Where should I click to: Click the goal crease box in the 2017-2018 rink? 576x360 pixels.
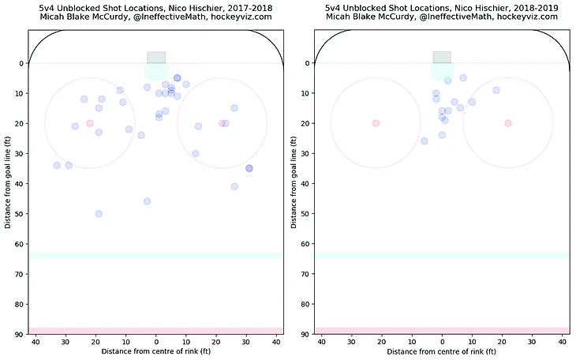pos(156,58)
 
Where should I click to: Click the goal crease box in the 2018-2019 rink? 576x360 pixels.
pos(442,58)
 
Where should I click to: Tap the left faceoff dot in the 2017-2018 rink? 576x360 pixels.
pos(90,123)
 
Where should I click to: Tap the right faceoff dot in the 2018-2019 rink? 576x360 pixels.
pos(508,123)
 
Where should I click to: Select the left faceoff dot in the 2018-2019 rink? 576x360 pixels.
pos(376,123)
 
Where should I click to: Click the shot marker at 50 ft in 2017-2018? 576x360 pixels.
pos(99,214)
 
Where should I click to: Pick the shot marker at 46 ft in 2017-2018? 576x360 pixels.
pos(147,201)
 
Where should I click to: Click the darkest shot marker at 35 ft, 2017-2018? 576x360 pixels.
pos(249,168)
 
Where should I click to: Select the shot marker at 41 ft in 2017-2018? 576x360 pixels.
pos(234,186)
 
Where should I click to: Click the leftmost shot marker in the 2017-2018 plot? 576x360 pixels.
pos(57,165)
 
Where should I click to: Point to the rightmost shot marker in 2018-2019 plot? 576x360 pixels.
pos(496,90)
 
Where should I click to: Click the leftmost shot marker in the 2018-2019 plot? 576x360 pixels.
pos(424,141)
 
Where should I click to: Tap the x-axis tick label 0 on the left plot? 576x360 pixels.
pos(156,341)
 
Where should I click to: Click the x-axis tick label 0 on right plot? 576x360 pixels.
pos(442,341)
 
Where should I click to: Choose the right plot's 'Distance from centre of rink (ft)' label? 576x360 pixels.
pos(442,351)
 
